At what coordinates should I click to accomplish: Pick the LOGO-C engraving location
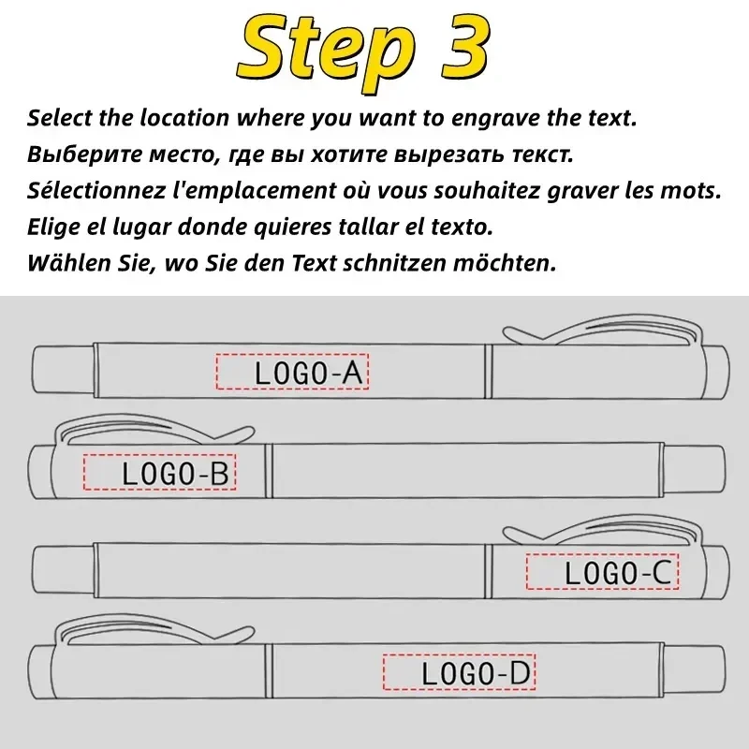coord(601,572)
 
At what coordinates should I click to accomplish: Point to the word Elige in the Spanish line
coord(50,228)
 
